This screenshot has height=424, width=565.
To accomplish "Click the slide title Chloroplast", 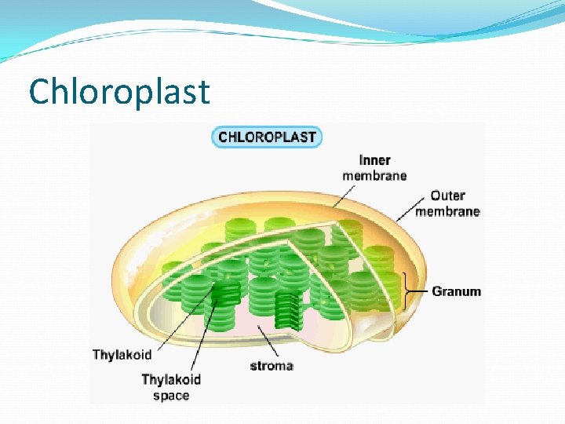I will tap(119, 91).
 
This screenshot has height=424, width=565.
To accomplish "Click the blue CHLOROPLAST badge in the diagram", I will tap(267, 137).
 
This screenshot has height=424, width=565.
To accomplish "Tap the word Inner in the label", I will tap(374, 160).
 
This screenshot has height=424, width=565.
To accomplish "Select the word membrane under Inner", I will tap(374, 175).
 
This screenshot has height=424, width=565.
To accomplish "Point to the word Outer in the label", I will tap(447, 196).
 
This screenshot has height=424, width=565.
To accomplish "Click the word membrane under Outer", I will tap(447, 210).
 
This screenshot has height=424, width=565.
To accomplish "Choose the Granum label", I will tap(456, 291).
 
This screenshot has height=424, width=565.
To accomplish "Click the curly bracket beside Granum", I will tap(406, 291).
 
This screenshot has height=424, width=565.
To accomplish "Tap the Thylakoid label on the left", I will tap(122, 355).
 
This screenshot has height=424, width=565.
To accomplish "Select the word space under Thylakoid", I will tap(171, 395).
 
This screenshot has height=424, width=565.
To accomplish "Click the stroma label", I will tap(272, 365).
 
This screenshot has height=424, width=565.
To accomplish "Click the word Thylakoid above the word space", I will tap(171, 379).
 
